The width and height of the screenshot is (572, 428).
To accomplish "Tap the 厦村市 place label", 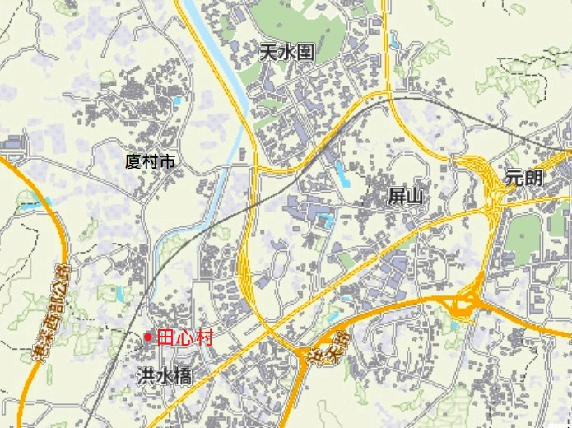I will coord(150,161).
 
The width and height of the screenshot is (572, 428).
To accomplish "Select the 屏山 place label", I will coord(405,195).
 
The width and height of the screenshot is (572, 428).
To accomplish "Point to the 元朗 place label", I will coord(525,176).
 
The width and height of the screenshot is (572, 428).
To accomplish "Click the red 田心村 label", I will coord(185,337).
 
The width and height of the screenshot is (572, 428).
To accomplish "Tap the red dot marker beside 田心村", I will coord(148,337).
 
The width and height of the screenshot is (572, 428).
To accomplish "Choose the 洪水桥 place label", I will coord(165,376).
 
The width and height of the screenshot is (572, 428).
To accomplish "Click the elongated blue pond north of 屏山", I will coord(341,173).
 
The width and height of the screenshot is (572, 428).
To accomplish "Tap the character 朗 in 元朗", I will coord(534,176).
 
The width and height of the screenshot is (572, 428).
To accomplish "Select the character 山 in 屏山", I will coord(415,195).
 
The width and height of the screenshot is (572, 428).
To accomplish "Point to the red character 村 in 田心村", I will coord(205,337).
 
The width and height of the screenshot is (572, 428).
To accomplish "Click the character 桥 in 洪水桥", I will coord(183,376).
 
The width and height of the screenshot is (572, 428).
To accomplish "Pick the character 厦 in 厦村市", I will coord(133,161).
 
